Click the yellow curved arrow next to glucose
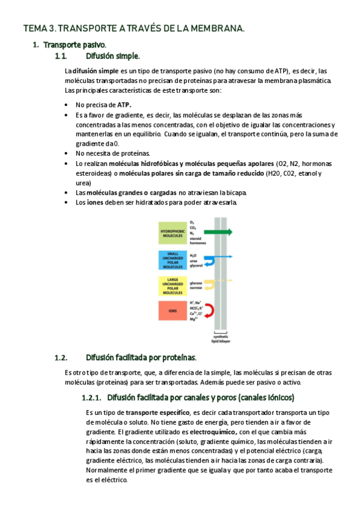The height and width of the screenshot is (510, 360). point(209,284)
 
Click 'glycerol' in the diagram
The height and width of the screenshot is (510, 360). point(197,265)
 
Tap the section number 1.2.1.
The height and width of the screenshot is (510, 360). point(91,398)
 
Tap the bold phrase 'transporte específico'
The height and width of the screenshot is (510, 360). point(156,413)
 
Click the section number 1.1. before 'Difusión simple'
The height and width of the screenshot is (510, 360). point(60,56)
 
